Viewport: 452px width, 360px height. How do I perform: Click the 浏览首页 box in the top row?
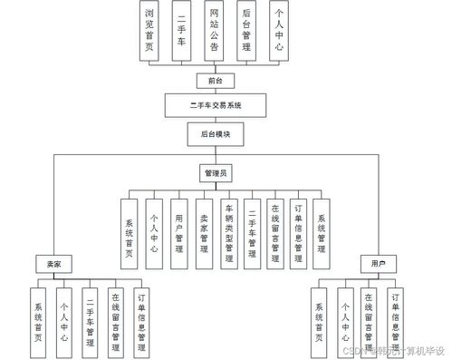(153, 32)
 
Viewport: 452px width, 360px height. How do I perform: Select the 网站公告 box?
(215, 32)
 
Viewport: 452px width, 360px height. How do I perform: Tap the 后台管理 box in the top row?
(245, 32)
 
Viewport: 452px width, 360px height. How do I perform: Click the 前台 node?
(215, 81)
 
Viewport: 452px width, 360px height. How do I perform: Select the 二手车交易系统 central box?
(215, 106)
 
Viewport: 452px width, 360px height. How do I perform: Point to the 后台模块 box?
(215, 133)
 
